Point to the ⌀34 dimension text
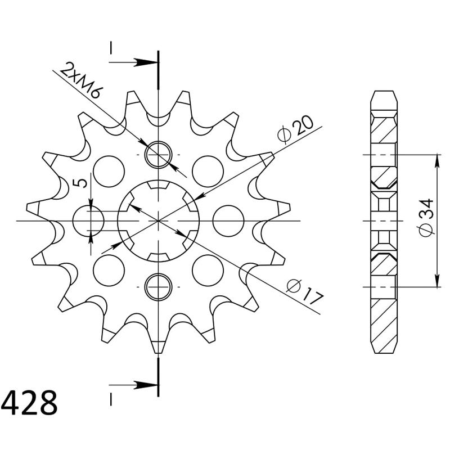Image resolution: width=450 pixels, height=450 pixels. click(x=426, y=217)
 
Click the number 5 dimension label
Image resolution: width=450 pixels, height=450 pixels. click(x=80, y=183)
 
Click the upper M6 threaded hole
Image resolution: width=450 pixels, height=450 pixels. click(x=159, y=155)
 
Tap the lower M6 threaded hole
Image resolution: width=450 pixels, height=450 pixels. click(x=159, y=287)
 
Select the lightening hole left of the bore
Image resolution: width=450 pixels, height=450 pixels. click(x=88, y=220)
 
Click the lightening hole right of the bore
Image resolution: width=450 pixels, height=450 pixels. click(x=228, y=220)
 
